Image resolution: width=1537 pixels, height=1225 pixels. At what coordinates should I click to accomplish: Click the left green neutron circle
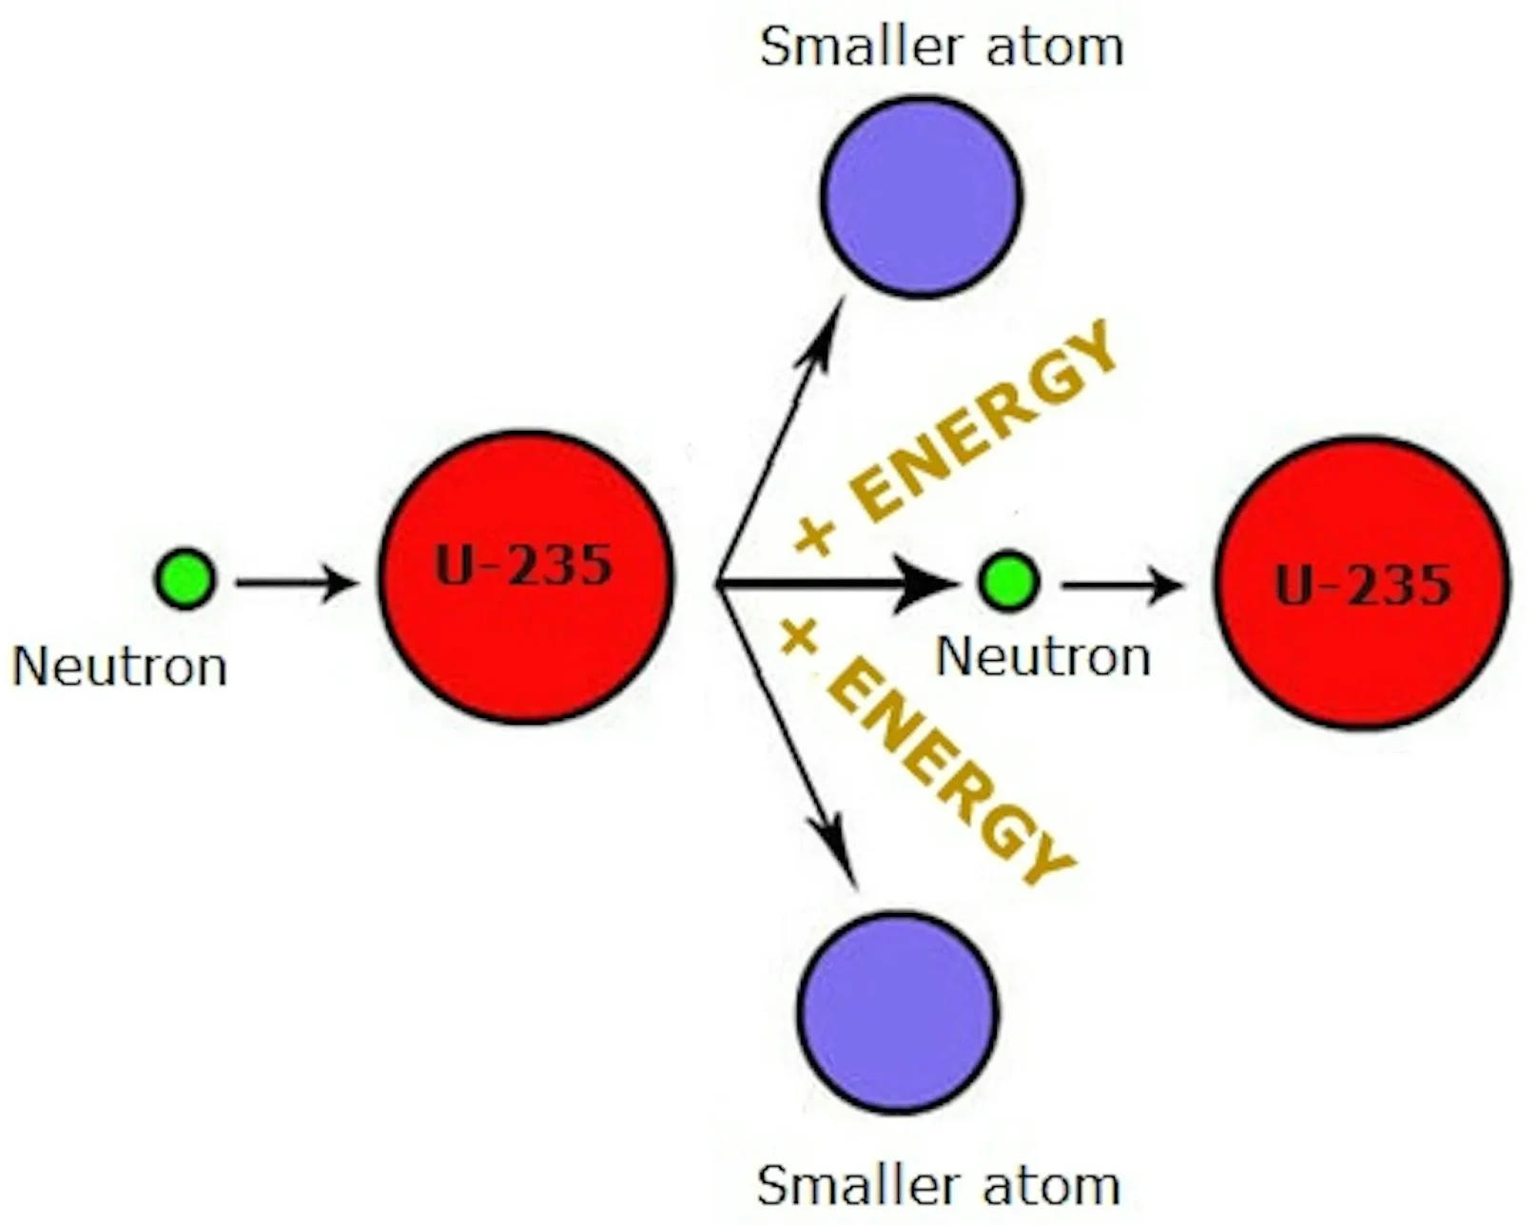[185, 578]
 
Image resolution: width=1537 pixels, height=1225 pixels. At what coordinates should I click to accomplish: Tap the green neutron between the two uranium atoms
[1008, 580]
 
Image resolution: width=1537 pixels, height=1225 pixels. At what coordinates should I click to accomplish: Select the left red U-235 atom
[526, 576]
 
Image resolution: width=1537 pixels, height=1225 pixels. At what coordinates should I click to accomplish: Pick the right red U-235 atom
[1361, 582]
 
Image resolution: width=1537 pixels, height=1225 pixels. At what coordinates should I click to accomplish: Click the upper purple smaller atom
[922, 196]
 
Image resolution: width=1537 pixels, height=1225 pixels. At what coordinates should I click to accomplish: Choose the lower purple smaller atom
[898, 1012]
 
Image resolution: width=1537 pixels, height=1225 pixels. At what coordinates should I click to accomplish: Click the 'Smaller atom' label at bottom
[938, 1185]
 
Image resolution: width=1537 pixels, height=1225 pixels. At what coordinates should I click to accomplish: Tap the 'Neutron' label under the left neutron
[120, 667]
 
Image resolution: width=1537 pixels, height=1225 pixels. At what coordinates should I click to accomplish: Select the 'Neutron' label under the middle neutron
[1043, 657]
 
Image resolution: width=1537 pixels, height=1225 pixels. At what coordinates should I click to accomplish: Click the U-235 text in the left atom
[524, 567]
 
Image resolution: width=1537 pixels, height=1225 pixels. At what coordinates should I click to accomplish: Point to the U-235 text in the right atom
[1363, 585]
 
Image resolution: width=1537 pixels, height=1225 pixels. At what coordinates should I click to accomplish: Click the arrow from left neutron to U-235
[297, 582]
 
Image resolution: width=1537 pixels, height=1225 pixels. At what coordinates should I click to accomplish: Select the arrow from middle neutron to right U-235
[1122, 584]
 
